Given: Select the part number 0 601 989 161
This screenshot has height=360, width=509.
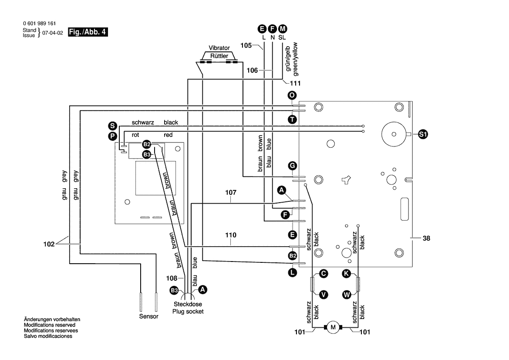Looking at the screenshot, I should pos(39,24).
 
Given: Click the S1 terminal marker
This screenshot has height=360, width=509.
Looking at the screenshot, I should pos(422,134).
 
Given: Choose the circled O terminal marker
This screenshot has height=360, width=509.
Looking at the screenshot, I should pos(292,95).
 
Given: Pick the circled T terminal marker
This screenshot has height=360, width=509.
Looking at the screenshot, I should pos(292,119).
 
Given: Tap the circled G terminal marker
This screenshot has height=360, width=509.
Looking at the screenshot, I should pos(293,166).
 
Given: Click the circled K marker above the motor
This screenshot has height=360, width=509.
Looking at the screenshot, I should pos(346,273).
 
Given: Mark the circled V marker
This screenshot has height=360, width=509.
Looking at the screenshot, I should pos(324,295).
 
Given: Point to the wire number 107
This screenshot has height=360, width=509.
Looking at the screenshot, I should pos(231,192).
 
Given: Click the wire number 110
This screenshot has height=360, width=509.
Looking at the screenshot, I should pos(231,235).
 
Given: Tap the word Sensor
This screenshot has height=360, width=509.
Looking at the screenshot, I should pos(148,316).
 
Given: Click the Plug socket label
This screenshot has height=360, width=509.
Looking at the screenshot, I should pos(188,311).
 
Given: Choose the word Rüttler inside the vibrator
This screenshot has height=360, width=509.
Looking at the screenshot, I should pos(219,56).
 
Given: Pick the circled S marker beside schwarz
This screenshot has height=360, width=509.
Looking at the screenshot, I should pos(112,126).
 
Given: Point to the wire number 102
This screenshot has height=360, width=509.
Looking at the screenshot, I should pos(49,244).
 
